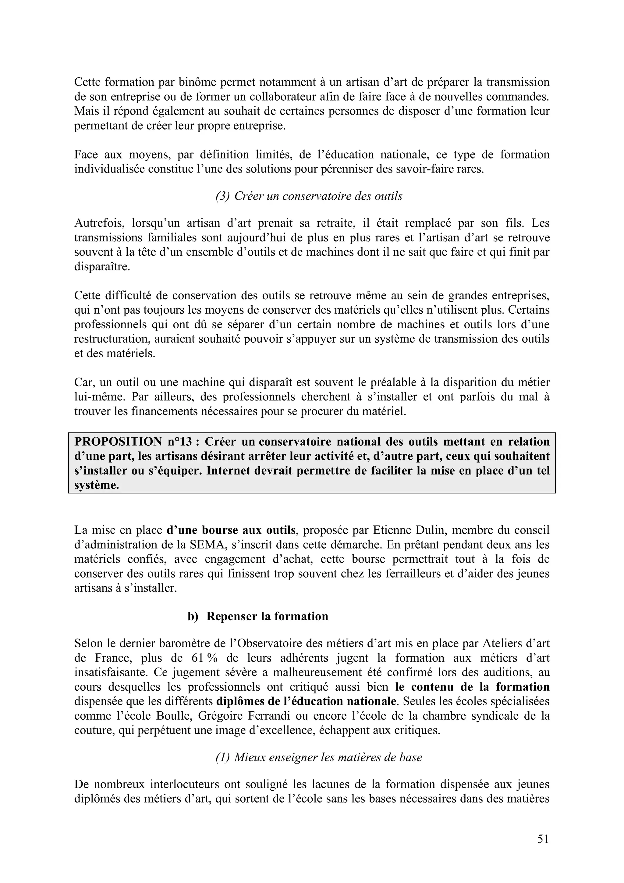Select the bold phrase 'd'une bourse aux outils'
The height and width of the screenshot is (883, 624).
click(231, 530)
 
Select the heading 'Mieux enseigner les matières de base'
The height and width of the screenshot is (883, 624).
click(328, 757)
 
